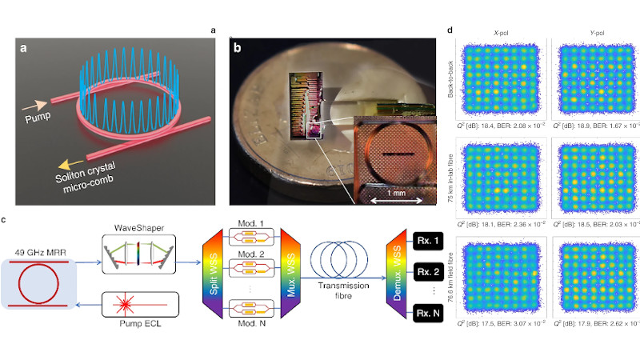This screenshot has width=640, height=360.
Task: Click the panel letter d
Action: coord(451,31)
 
